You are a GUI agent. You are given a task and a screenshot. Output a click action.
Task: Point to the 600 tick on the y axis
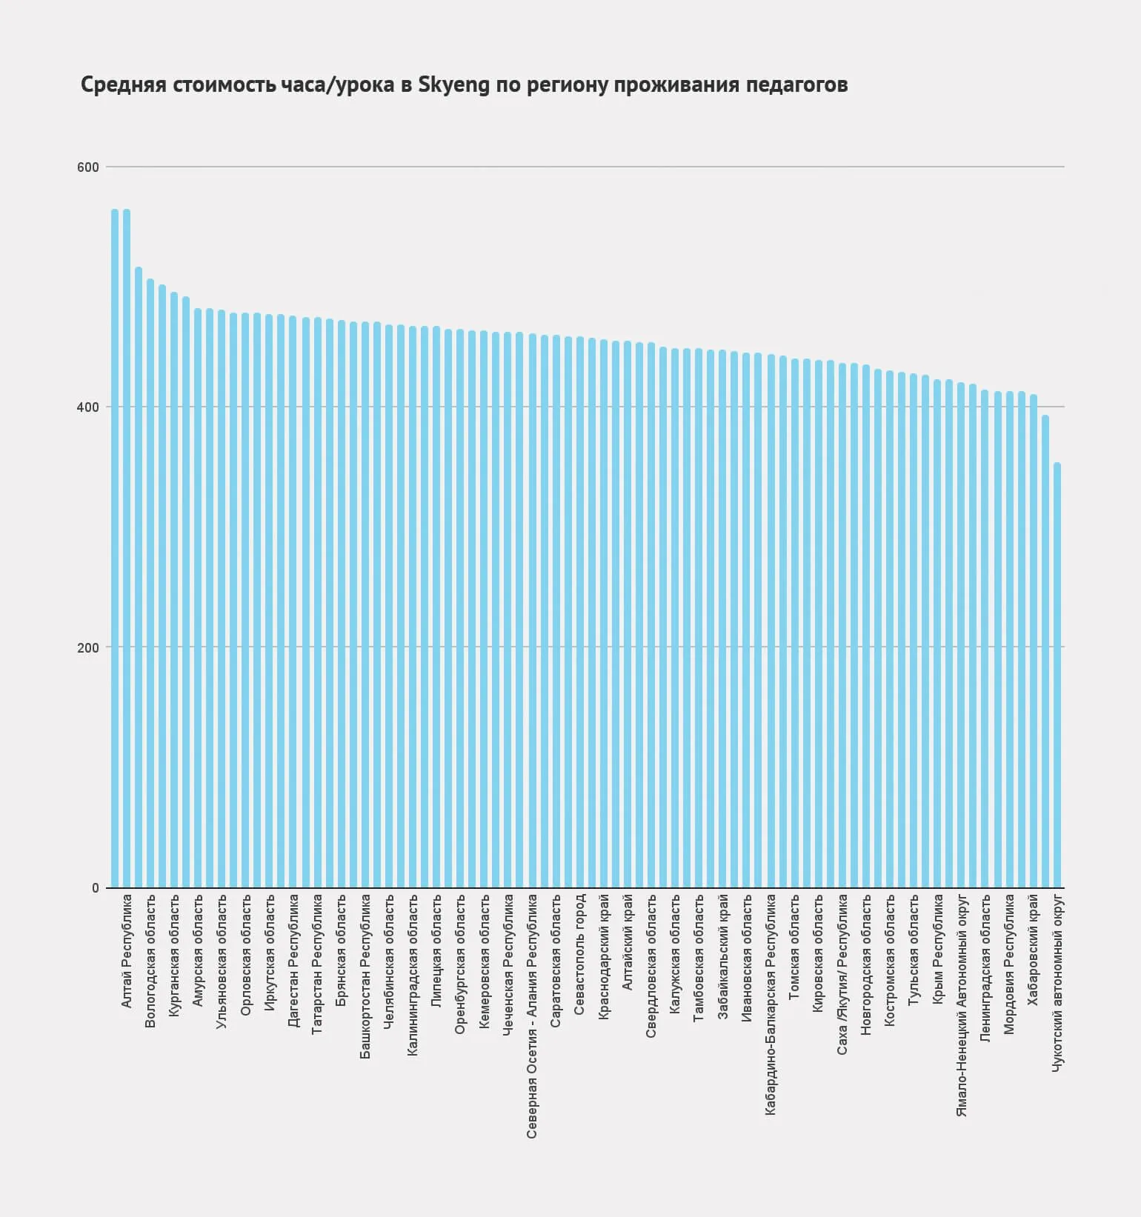[88, 167]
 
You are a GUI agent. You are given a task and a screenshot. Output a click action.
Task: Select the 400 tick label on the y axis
[88, 407]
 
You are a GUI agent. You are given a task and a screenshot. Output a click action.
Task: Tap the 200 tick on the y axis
[88, 647]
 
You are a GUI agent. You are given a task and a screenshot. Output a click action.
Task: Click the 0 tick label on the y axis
[96, 888]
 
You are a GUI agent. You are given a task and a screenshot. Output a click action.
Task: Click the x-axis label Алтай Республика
[126, 950]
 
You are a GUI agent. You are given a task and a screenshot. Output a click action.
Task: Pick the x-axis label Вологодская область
[150, 961]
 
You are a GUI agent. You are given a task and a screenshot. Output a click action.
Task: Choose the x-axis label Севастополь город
[580, 954]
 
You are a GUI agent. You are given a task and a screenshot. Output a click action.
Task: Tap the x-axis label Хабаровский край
[1033, 950]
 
